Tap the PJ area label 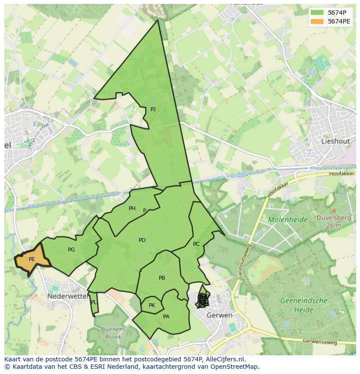(x=153, y=109)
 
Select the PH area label (x=132, y=209)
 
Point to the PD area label (x=142, y=240)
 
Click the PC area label (x=196, y=244)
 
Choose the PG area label (x=71, y=250)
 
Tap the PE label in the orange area (x=32, y=259)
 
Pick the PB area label (x=162, y=278)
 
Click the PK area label (x=152, y=305)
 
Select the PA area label (x=166, y=317)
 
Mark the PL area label (x=94, y=302)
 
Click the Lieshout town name (x=335, y=141)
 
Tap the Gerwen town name (x=220, y=315)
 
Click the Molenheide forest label (x=288, y=220)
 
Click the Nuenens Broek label (x=113, y=333)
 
